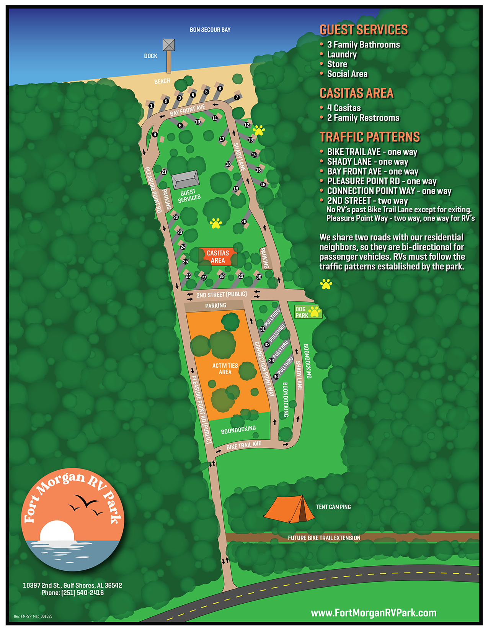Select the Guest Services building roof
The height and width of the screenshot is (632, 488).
coord(185,179)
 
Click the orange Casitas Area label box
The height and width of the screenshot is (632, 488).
coord(218,257)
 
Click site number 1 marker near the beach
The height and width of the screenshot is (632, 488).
coord(151,106)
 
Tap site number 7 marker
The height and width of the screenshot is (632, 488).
coord(237,97)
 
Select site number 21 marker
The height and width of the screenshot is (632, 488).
coord(164,172)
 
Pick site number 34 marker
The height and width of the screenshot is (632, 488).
coord(276,377)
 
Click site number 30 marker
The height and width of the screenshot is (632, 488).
coord(259,277)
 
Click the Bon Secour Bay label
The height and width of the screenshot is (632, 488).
coord(210,29)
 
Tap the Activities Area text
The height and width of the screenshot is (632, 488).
coord(225,368)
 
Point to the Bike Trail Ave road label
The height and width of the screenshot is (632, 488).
coord(243,445)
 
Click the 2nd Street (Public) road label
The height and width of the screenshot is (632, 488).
coord(221,295)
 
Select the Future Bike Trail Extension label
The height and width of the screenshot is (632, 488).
coord(324,538)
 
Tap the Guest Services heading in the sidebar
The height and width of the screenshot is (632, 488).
coord(364,29)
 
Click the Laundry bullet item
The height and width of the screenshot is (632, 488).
coord(342,54)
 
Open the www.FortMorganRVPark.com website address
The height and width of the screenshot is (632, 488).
coord(373,613)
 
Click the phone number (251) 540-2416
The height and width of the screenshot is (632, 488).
coord(82,593)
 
